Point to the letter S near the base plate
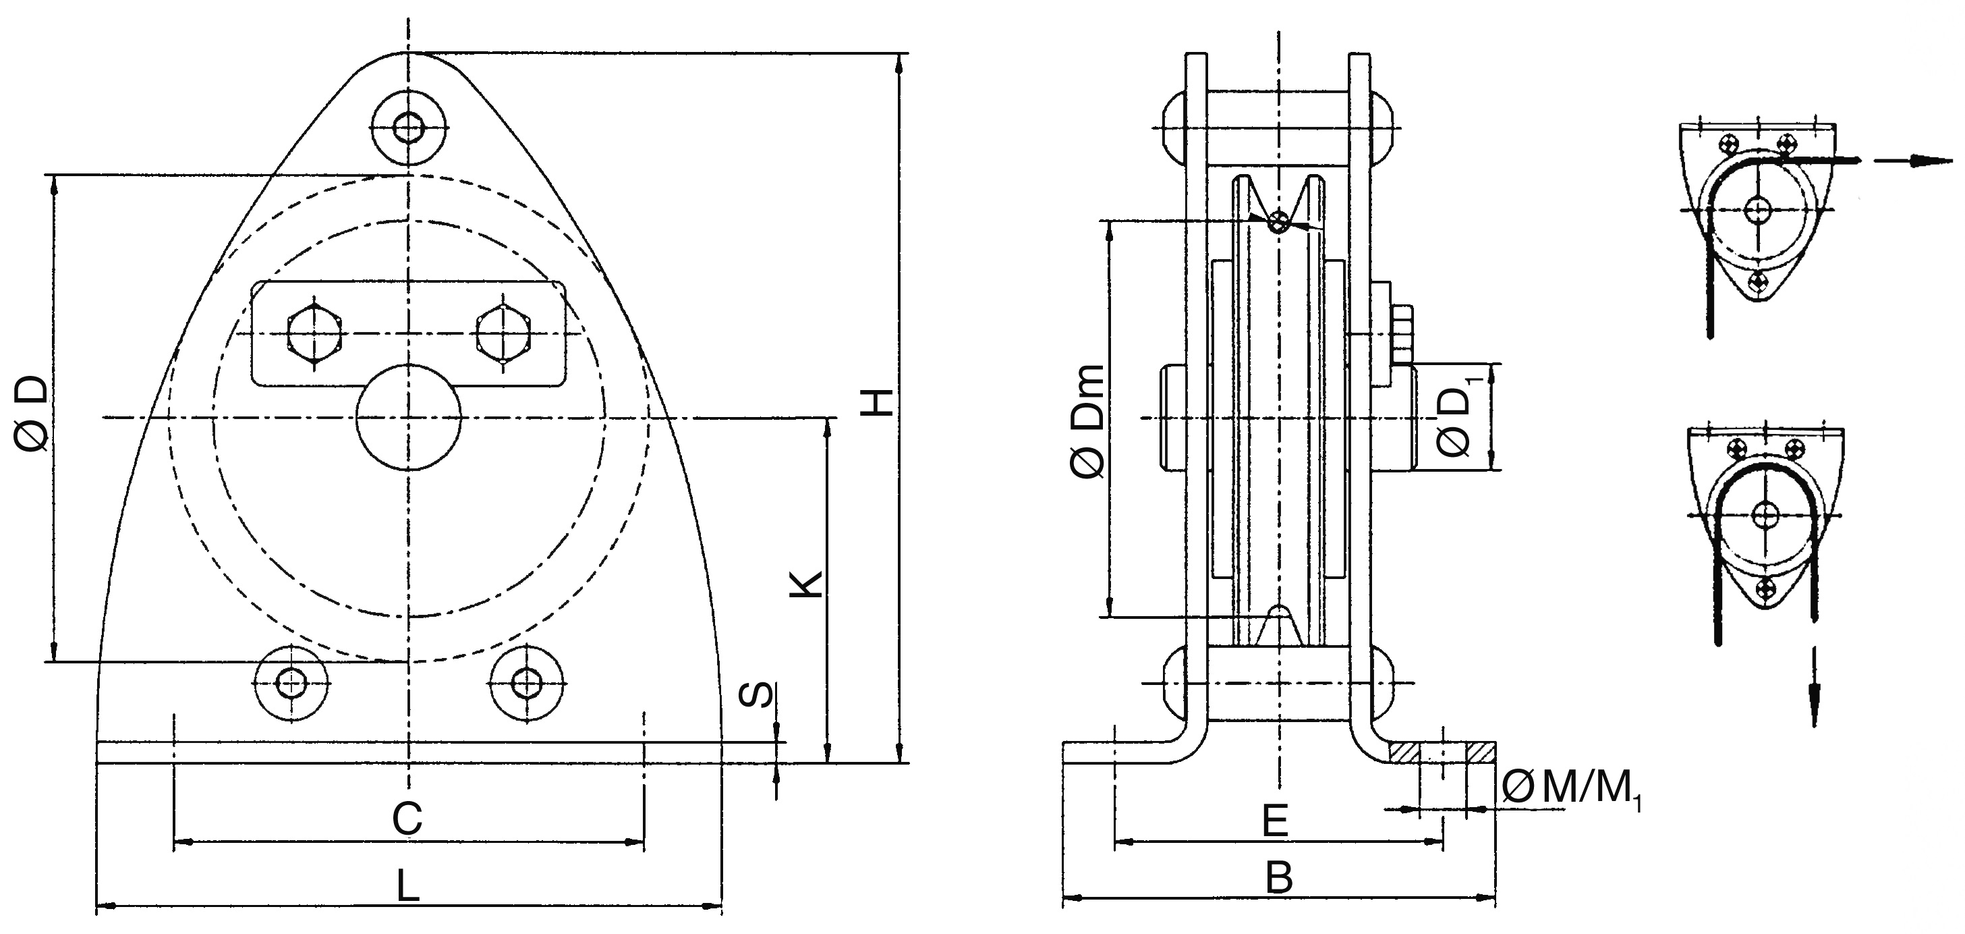[758, 695]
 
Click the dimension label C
[407, 819]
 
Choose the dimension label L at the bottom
[408, 887]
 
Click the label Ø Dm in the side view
[1087, 422]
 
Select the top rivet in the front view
[409, 128]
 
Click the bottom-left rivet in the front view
[291, 682]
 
